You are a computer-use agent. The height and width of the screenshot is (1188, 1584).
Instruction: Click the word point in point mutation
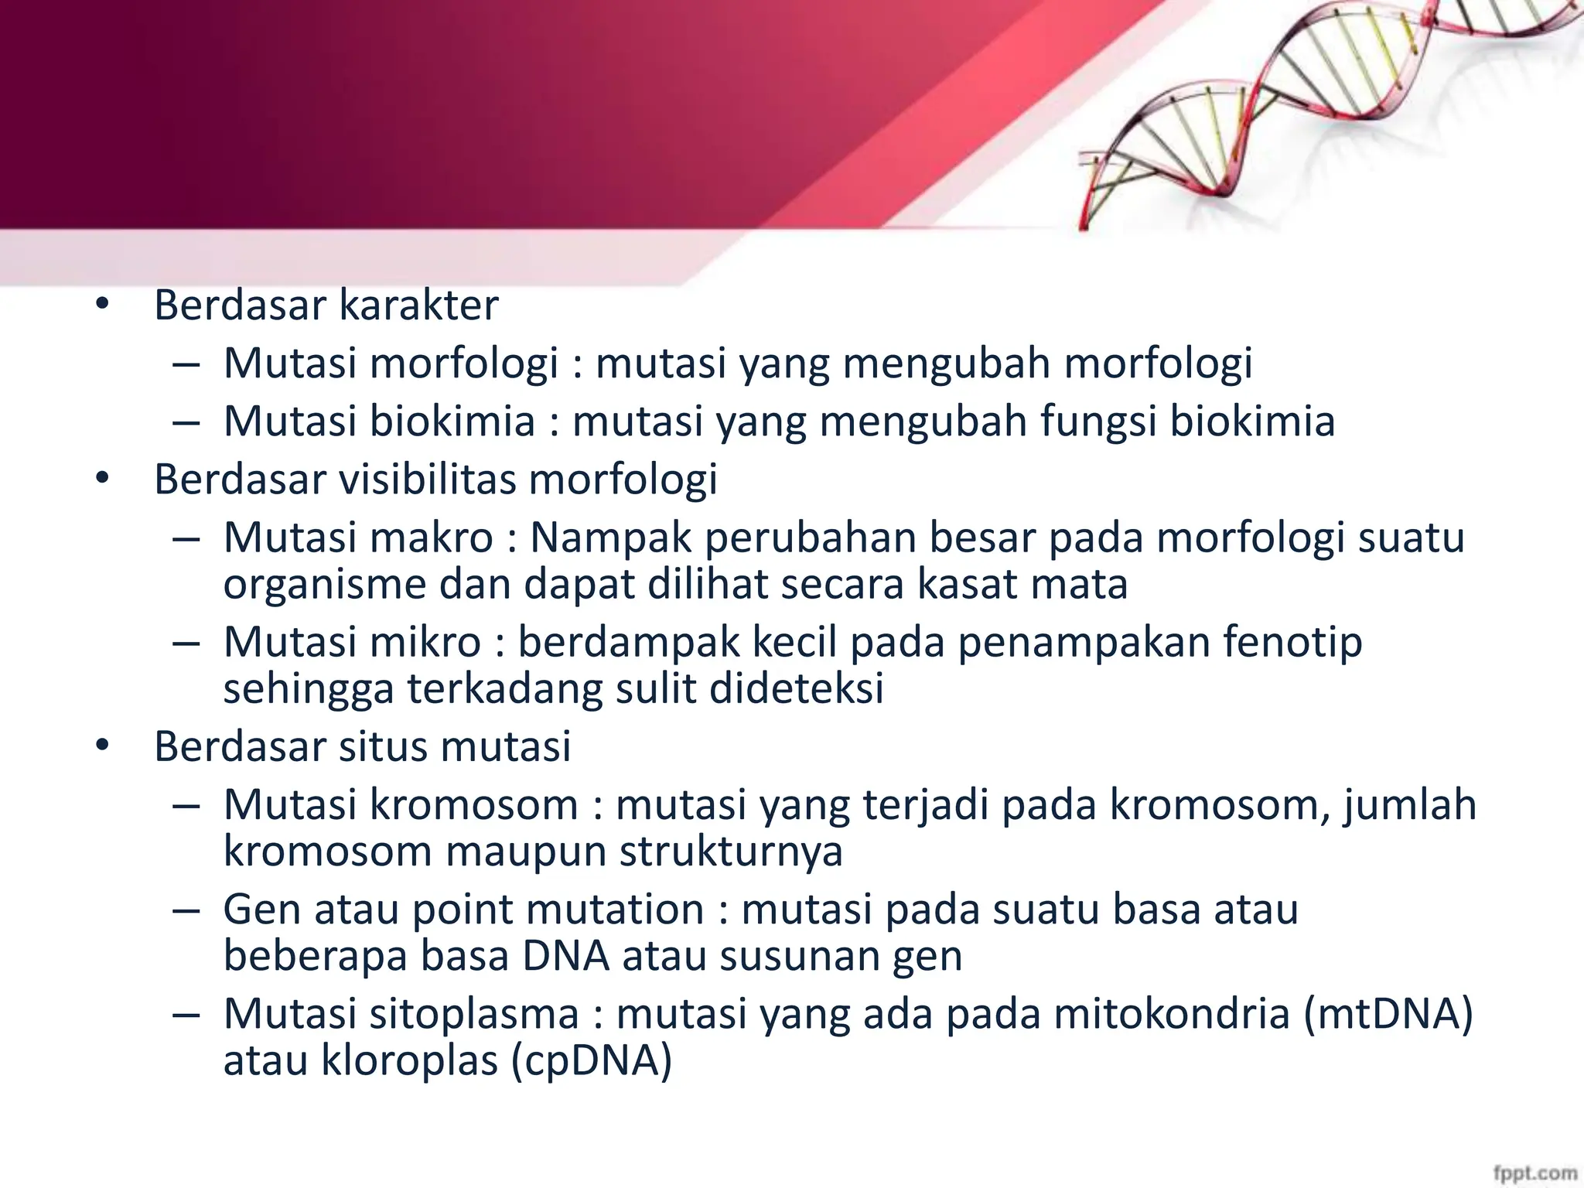pos(464,910)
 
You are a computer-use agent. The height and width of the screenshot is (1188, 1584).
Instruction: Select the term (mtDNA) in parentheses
pos(1388,1014)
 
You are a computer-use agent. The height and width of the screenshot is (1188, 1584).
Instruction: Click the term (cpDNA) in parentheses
pos(591,1060)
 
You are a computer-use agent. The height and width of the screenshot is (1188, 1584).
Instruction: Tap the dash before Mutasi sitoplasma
pos(186,1015)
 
